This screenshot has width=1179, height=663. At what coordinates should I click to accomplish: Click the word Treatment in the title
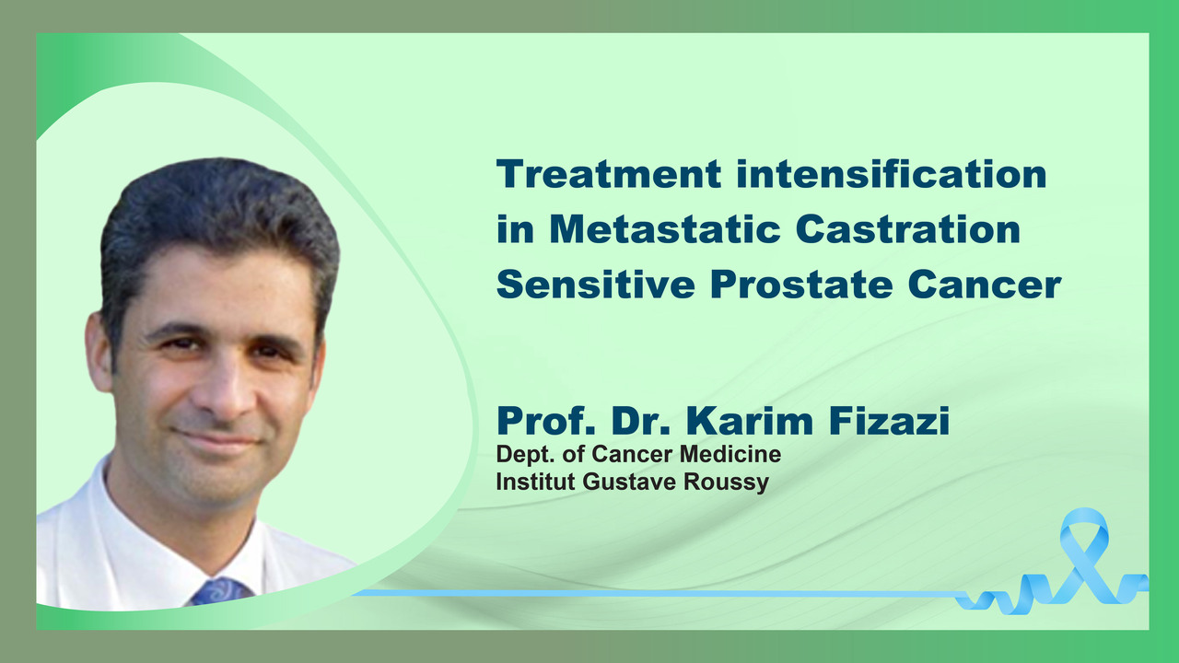pos(609,174)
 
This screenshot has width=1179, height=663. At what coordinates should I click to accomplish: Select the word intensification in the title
pos(892,174)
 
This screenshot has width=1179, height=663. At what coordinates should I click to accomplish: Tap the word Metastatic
pos(665,229)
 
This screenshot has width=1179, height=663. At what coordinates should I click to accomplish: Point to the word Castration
pos(908,229)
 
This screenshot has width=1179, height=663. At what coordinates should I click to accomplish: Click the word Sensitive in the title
pos(596,285)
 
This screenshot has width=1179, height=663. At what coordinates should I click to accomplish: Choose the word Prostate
pos(801,285)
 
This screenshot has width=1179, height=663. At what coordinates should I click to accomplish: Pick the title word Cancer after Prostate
pos(985,285)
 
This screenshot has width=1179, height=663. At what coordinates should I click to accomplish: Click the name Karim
pos(750,421)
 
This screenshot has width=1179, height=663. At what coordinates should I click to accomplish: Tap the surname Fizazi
pos(890,421)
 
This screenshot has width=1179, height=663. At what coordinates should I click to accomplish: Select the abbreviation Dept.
pos(525,455)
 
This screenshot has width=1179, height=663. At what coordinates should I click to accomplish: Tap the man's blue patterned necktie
pos(221,592)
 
